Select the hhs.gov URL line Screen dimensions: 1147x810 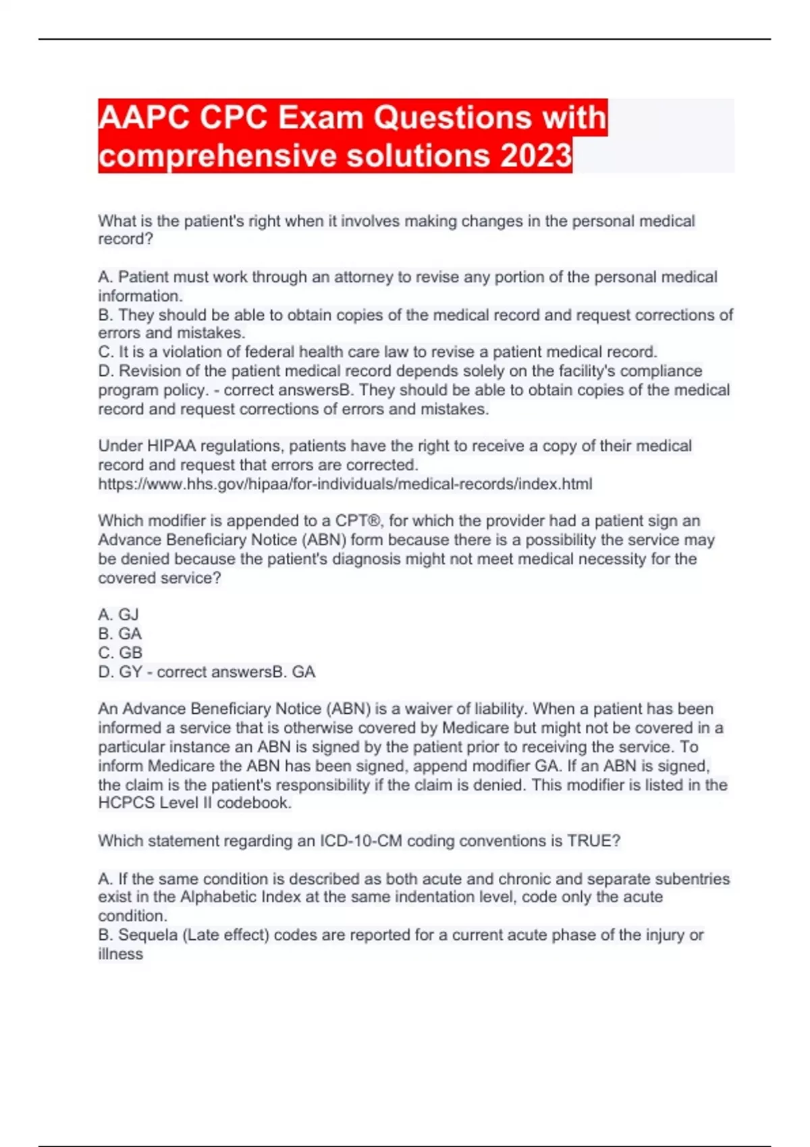[x=345, y=484]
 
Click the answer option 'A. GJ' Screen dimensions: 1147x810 [x=118, y=615]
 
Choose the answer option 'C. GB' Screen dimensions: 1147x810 [x=120, y=652]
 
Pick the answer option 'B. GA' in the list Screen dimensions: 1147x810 [x=119, y=634]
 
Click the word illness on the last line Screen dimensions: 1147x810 [x=120, y=954]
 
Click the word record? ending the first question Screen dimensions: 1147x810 [x=126, y=239]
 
